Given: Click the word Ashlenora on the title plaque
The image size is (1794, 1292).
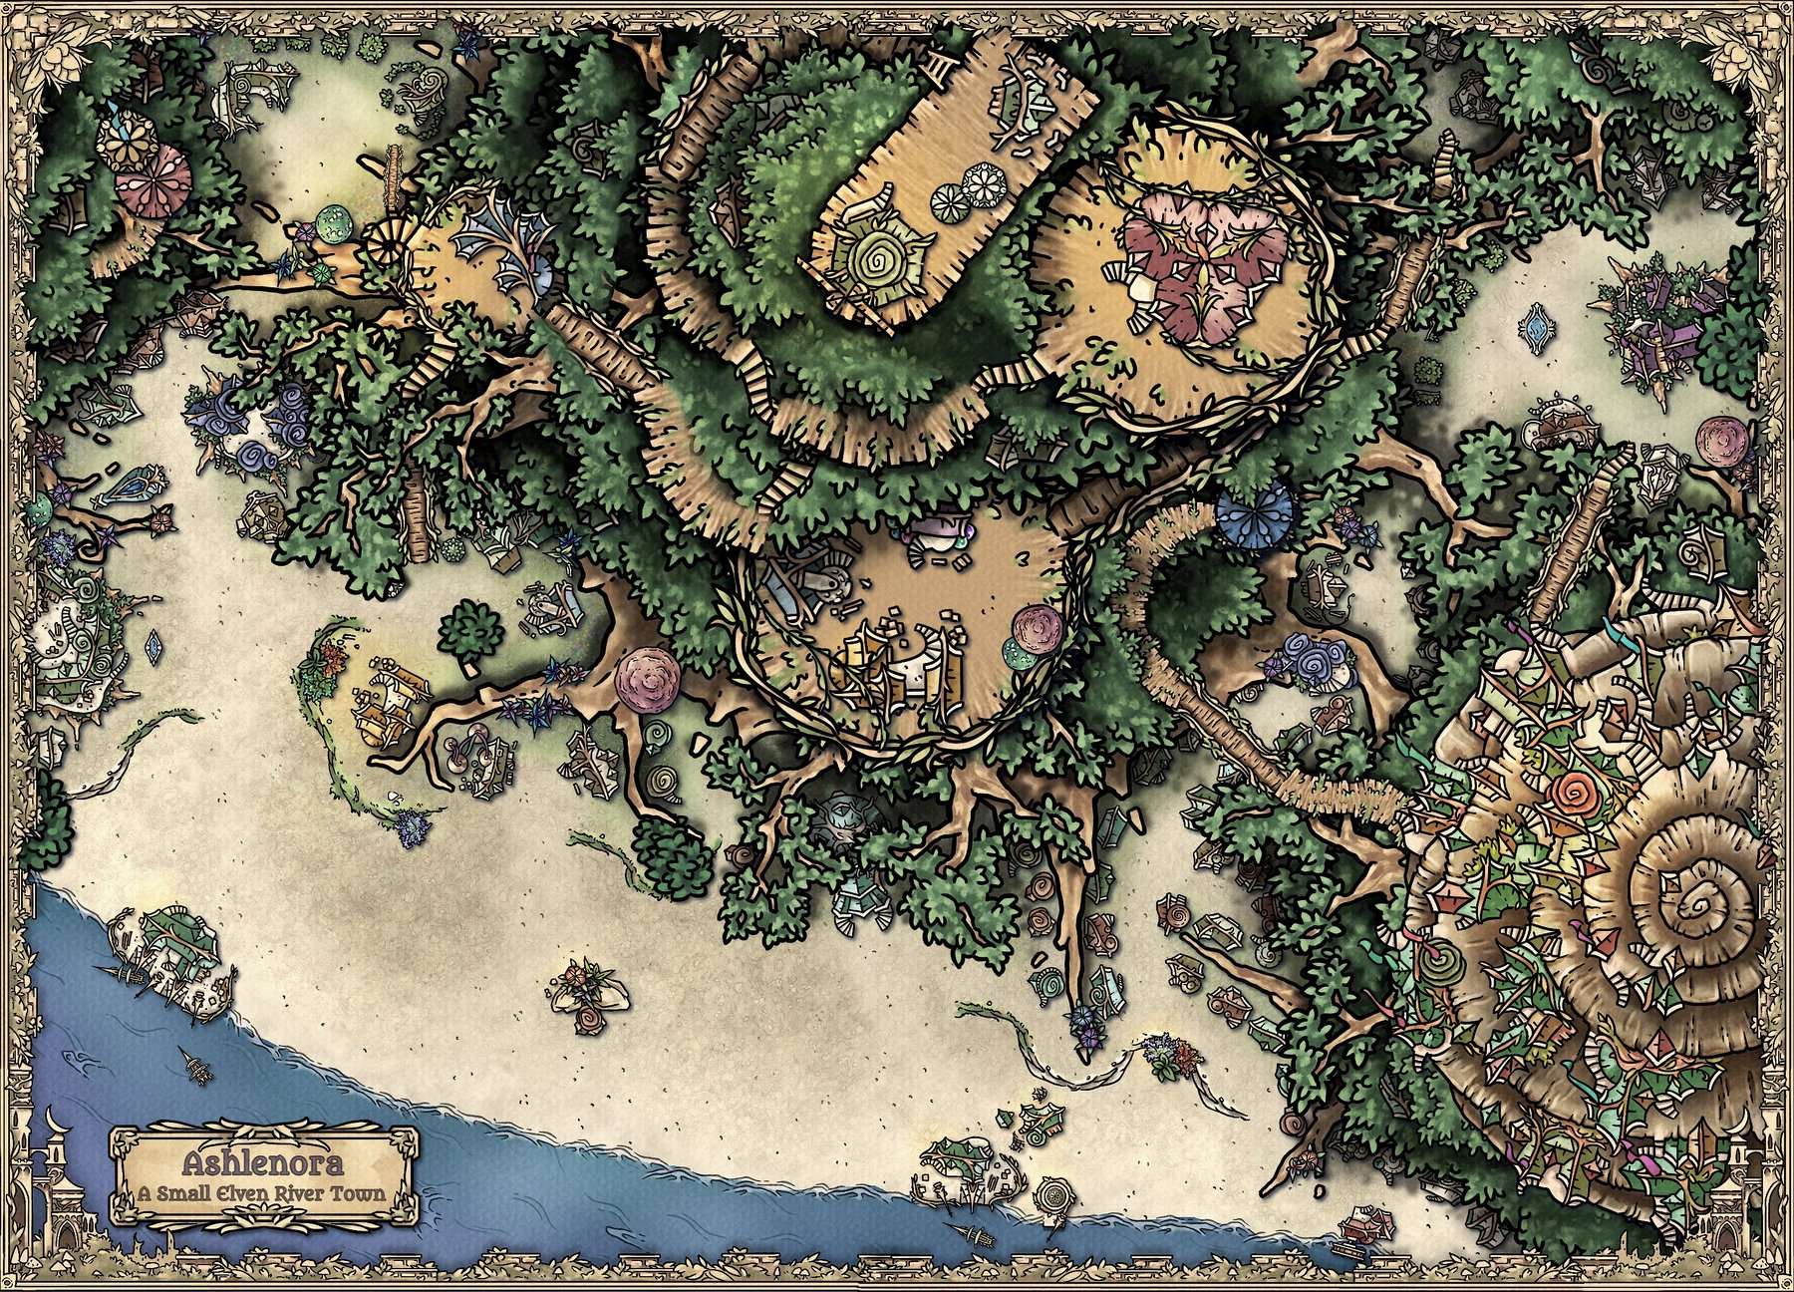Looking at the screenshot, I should tap(263, 1163).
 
